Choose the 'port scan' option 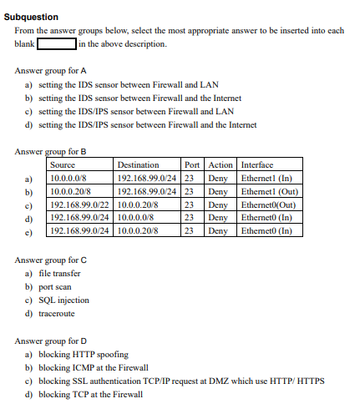(x=56, y=286)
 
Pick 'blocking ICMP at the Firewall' (x=93, y=367)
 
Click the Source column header (x=63, y=165)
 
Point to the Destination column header (x=139, y=165)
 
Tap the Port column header (x=191, y=165)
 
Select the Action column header (x=221, y=165)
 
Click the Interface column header (x=257, y=165)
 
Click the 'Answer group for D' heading (x=50, y=341)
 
